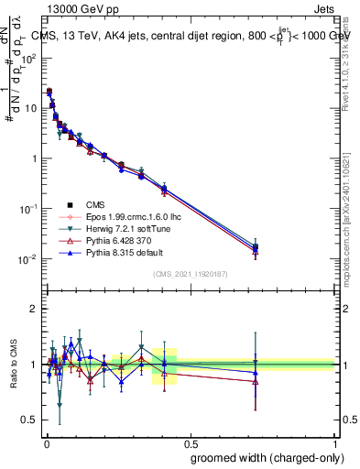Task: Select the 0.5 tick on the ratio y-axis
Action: point(32,420)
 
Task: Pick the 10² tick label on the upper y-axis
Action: point(30,57)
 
